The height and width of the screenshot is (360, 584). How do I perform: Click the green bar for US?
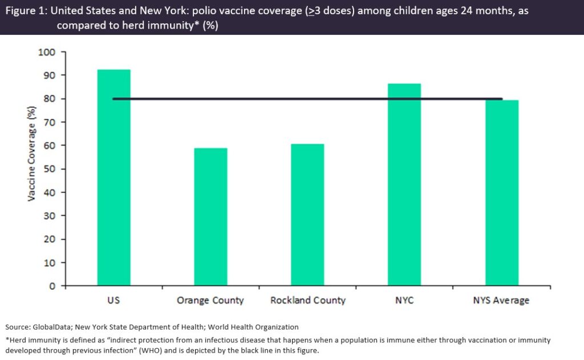pos(113,177)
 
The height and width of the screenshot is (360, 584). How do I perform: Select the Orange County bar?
pos(210,217)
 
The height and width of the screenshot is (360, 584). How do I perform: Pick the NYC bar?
pos(404,184)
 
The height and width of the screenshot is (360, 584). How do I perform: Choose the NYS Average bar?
pos(501,193)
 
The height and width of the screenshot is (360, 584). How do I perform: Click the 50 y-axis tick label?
pos(50,169)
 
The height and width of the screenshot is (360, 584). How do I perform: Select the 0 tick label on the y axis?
pos(53,286)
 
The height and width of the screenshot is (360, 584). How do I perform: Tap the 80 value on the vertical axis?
pos(50,99)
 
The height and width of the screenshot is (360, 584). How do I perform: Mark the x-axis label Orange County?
pos(210,301)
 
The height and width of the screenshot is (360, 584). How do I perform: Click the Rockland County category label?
pos(308,301)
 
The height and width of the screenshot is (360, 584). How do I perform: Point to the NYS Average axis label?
pos(501,301)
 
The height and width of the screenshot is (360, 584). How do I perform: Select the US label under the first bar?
pos(113,301)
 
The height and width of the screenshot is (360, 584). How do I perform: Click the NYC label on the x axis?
pos(404,301)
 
